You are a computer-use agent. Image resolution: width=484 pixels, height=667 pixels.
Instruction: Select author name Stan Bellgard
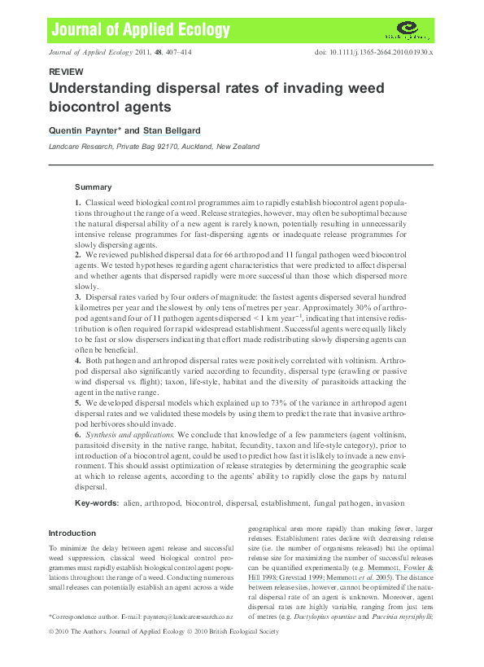(173, 131)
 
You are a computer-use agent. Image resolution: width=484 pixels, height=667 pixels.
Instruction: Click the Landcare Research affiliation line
(154, 147)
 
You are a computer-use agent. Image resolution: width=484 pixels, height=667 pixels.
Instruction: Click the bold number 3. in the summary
(77, 297)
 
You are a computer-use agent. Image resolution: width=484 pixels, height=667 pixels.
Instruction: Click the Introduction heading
(72, 533)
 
